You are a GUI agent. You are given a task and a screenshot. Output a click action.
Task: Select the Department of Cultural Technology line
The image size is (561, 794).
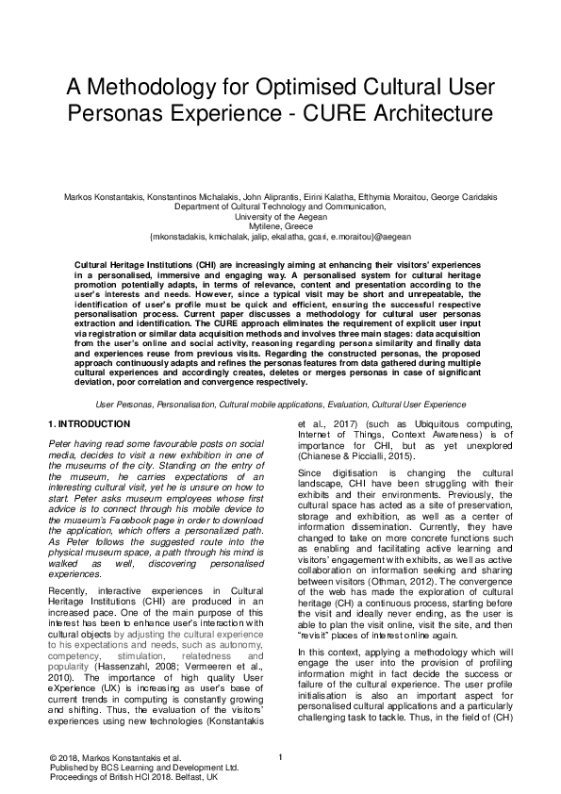[x=280, y=206]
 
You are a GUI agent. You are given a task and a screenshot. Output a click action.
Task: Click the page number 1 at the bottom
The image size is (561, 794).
[x=281, y=756]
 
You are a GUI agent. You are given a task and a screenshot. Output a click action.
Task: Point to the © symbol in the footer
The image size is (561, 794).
[x=52, y=757]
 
